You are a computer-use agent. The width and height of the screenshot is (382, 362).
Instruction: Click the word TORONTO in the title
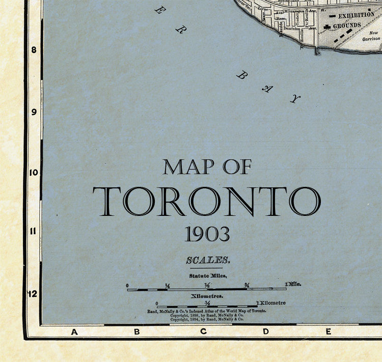[206, 201]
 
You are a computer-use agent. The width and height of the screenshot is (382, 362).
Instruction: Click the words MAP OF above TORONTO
[207, 167]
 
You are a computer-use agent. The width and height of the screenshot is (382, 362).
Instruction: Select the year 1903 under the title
[207, 234]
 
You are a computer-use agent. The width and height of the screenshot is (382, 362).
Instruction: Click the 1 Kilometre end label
[270, 303]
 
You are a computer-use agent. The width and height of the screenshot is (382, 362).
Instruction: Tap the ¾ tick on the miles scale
[247, 285]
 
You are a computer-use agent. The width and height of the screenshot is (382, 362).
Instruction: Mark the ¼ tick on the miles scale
[167, 285]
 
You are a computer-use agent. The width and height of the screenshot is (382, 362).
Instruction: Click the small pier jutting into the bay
[317, 51]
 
